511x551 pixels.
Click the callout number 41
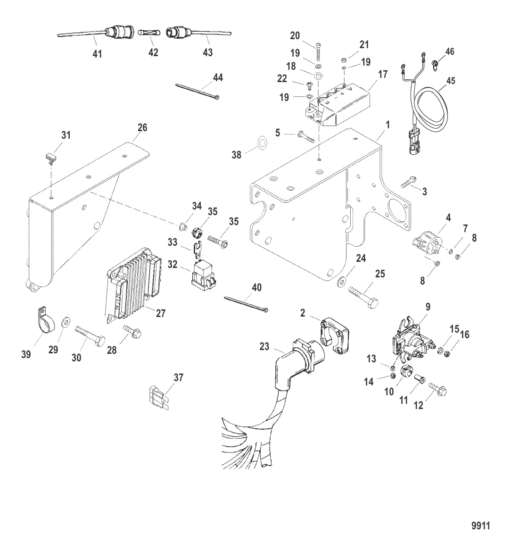(97, 54)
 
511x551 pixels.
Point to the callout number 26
(142, 127)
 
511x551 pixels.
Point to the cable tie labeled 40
(246, 303)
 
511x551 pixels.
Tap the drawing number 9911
(480, 525)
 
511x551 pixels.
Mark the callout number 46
(450, 51)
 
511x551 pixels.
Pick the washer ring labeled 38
(260, 143)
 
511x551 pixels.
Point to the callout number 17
(382, 74)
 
